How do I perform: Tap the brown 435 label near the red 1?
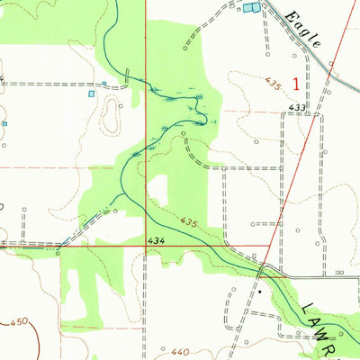(x=274, y=85)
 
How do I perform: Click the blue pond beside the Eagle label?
(x=250, y=7)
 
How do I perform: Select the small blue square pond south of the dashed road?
(x=90, y=93)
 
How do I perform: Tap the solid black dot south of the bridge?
(x=259, y=292)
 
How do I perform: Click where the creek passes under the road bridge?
(x=261, y=270)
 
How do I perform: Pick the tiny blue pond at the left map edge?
(x=4, y=123)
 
